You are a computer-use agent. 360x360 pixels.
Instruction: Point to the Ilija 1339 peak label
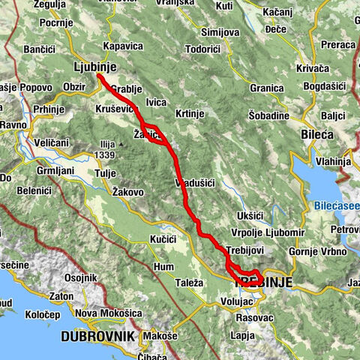pyautogui.click(x=104, y=150)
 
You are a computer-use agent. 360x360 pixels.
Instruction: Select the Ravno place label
pyautogui.click(x=13, y=124)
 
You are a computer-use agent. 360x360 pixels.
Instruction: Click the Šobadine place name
pyautogui.click(x=269, y=116)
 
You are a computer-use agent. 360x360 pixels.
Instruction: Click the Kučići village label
pyautogui.click(x=162, y=238)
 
